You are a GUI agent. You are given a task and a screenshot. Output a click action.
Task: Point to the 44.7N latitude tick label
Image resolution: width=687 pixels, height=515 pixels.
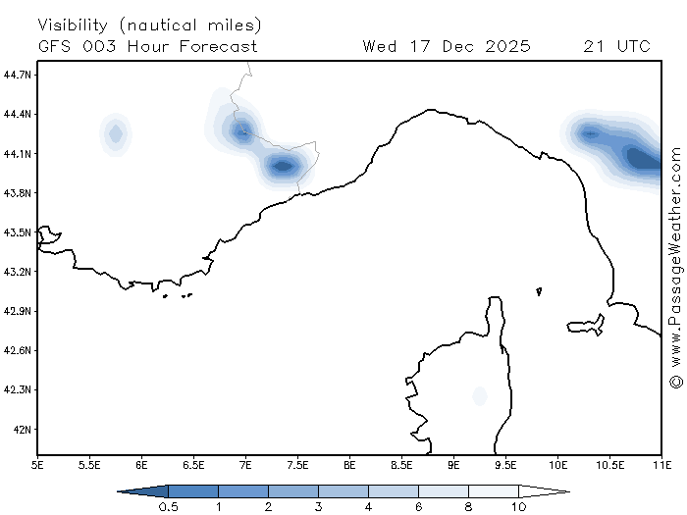click(x=18, y=75)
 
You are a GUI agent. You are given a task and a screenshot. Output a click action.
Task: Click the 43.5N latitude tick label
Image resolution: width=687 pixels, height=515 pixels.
click(x=18, y=232)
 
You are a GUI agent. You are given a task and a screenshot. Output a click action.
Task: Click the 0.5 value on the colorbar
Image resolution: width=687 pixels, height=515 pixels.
click(x=168, y=506)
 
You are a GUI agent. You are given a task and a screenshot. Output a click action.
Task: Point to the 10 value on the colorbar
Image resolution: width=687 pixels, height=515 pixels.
click(x=518, y=506)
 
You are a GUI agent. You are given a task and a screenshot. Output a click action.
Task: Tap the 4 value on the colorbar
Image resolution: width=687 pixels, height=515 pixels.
click(x=368, y=506)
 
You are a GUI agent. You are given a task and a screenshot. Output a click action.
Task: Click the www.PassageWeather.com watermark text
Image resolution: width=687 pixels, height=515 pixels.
click(x=675, y=253)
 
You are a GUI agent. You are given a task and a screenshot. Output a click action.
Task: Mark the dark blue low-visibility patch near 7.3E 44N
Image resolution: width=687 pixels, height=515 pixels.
click(x=283, y=166)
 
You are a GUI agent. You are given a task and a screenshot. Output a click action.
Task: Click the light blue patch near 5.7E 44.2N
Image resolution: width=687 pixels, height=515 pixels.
click(x=116, y=133)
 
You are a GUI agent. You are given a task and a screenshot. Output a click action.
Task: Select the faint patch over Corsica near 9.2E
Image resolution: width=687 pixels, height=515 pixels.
click(x=479, y=395)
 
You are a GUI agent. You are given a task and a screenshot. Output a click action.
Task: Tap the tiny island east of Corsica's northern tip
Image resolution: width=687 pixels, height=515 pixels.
click(x=539, y=291)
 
